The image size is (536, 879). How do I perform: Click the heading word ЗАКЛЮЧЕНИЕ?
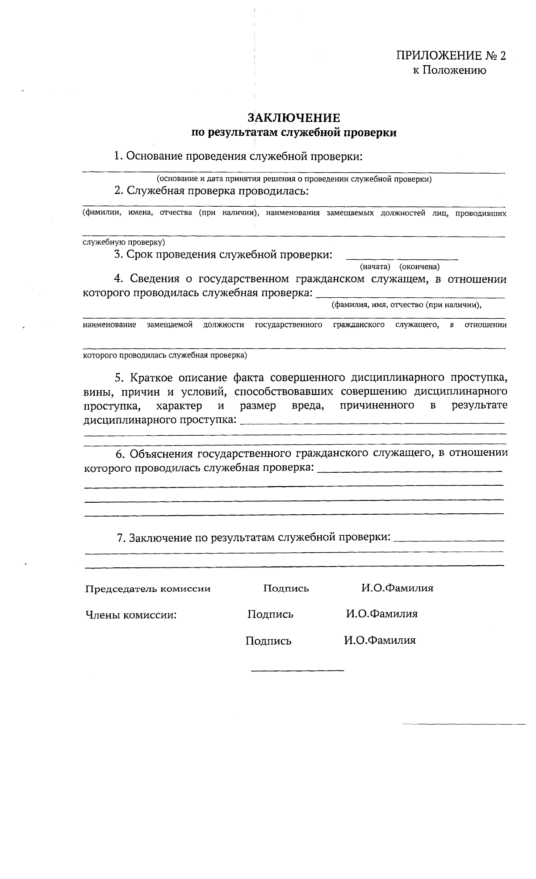coord(294,118)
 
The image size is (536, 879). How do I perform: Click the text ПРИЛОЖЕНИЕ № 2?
coord(451,56)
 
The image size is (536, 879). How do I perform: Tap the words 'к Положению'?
coord(449,70)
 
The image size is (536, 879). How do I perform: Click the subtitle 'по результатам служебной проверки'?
coord(294,133)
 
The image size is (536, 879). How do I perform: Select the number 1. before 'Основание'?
coord(118,156)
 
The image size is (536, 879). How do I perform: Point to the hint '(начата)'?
coord(375,267)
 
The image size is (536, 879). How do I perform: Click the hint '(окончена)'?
coord(419,267)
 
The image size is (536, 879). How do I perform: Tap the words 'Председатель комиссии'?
coord(148,589)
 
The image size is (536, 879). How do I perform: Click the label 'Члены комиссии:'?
coord(131,615)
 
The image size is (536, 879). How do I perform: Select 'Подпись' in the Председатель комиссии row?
coord(286,588)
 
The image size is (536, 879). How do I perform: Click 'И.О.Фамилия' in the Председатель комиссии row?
coord(397,588)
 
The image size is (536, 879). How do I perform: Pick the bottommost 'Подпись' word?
coord(268,642)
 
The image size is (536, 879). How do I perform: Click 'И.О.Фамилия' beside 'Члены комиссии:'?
coord(381,614)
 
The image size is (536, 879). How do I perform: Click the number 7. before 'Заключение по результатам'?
coord(121,538)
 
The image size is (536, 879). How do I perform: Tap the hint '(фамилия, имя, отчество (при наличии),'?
coord(406,305)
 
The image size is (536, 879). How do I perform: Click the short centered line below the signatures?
coord(297,671)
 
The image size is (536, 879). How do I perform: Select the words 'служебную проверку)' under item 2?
coord(124,242)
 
